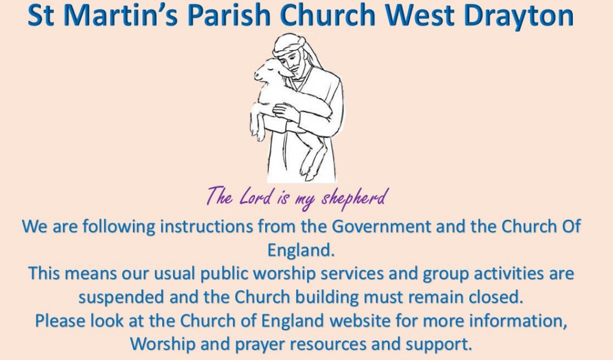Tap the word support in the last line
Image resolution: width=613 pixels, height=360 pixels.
(x=439, y=345)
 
